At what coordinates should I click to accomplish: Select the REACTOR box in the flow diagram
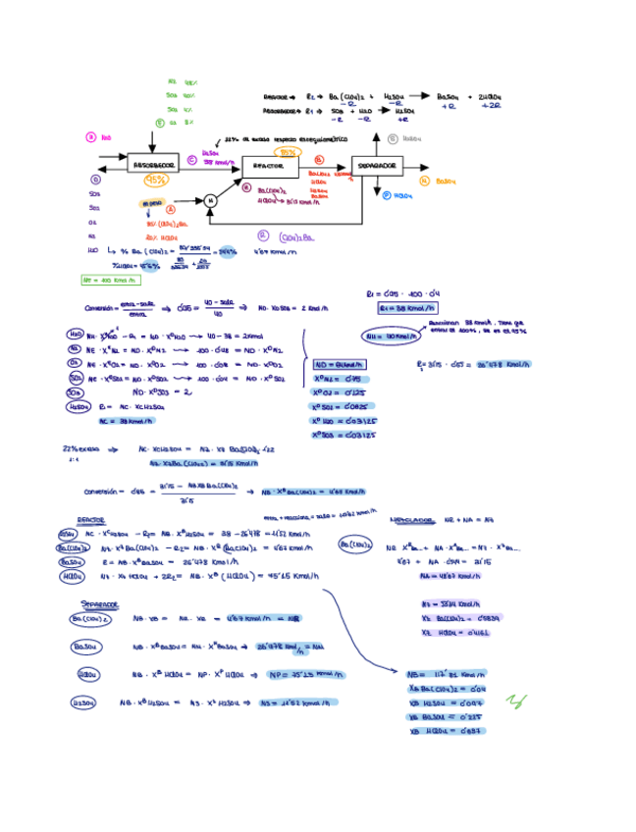pyautogui.click(x=270, y=167)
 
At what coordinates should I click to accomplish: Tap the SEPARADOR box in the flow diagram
pyautogui.click(x=377, y=167)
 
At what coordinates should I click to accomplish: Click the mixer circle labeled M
pyautogui.click(x=210, y=200)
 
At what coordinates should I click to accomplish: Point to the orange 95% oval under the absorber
pyautogui.click(x=156, y=181)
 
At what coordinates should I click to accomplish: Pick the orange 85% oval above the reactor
pyautogui.click(x=288, y=153)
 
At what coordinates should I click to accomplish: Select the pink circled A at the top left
pyautogui.click(x=91, y=138)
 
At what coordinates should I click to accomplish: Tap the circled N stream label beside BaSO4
pyautogui.click(x=423, y=182)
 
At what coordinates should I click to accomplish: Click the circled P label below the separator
pyautogui.click(x=386, y=195)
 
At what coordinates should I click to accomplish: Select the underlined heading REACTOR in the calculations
pyautogui.click(x=92, y=521)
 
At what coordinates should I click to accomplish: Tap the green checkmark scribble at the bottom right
pyautogui.click(x=515, y=701)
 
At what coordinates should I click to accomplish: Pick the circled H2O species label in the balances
pyautogui.click(x=76, y=335)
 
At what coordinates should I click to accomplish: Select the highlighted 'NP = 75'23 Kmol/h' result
pyautogui.click(x=303, y=675)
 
